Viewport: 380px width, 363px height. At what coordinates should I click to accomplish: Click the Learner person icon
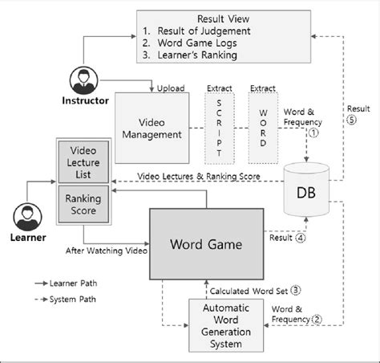26,216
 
